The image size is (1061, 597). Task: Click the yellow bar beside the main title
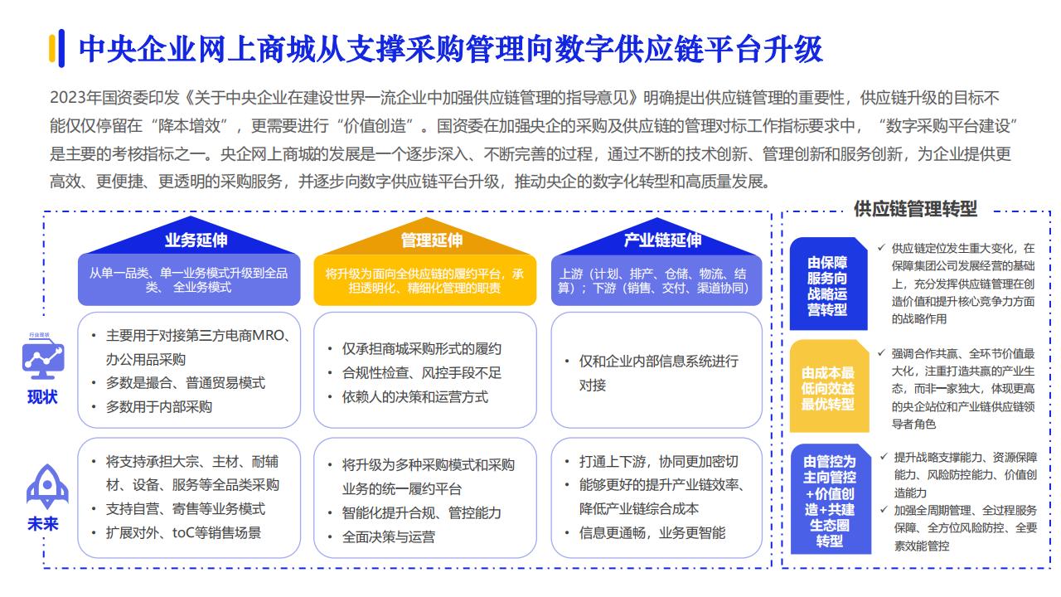(x=52, y=48)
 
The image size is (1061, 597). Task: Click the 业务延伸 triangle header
(x=191, y=237)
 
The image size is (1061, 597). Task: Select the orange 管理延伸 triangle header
(x=426, y=237)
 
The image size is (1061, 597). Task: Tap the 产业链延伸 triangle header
(x=657, y=238)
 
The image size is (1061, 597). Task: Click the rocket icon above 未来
(x=47, y=487)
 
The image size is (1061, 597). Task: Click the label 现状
(x=42, y=397)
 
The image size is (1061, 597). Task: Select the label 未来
(x=42, y=523)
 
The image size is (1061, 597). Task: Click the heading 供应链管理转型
(x=916, y=209)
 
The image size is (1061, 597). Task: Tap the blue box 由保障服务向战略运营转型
(x=828, y=284)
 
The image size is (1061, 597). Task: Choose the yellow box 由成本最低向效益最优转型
(x=829, y=386)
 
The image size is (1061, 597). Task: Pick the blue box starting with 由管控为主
(x=831, y=499)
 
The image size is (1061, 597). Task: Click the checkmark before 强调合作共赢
(x=881, y=352)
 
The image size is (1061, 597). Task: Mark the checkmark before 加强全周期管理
(x=884, y=509)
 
